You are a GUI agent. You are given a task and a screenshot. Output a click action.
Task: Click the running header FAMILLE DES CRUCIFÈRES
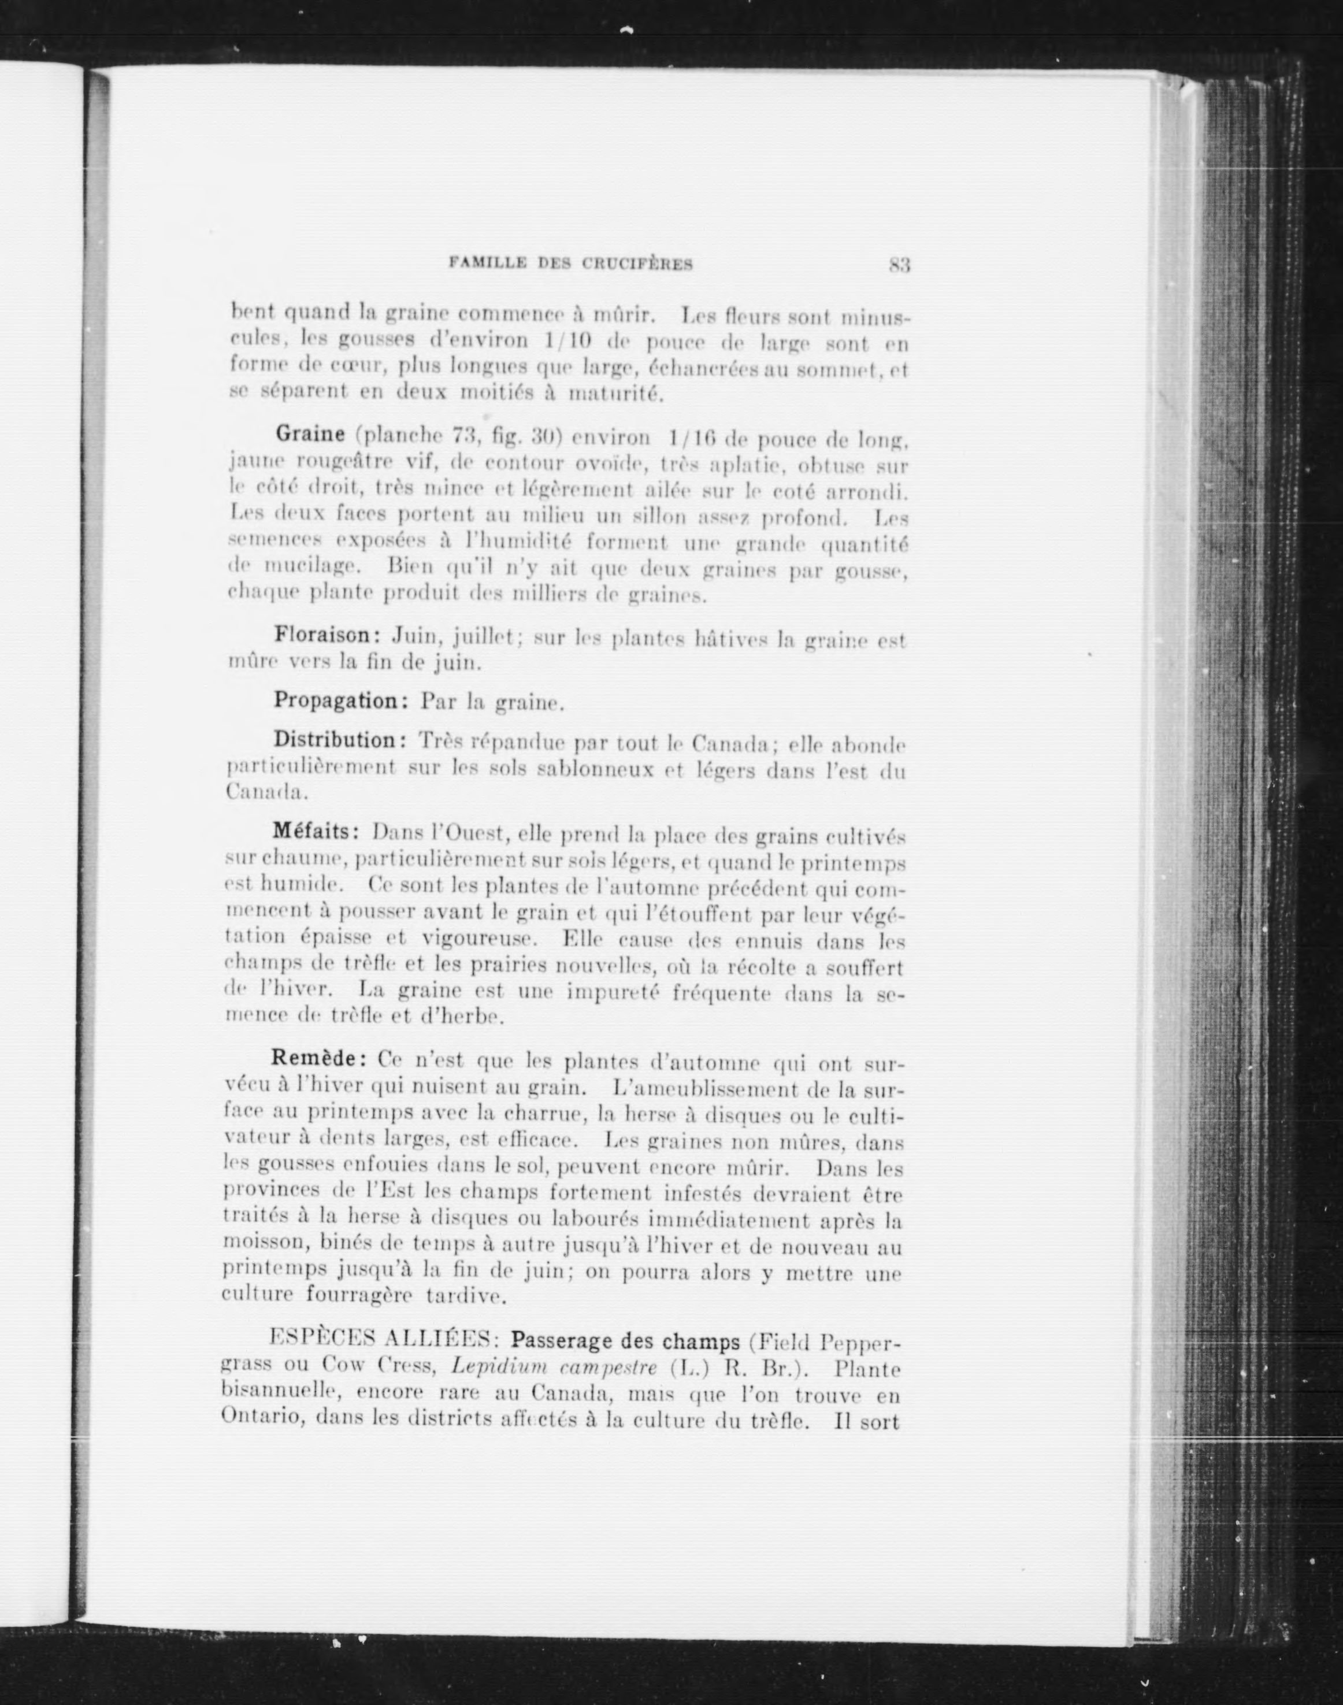tap(571, 264)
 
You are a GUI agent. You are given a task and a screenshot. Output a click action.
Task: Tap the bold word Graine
tap(310, 433)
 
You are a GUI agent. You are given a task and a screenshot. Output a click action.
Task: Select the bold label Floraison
tap(327, 635)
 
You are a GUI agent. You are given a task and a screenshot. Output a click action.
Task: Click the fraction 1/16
tap(692, 438)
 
